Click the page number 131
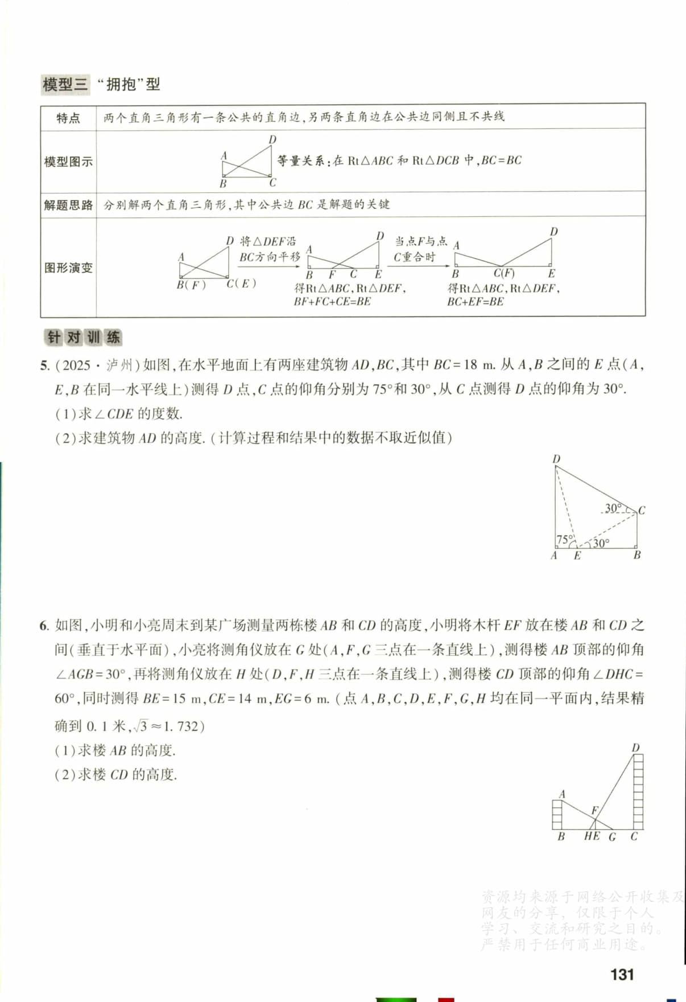[x=622, y=974]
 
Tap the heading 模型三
[x=65, y=85]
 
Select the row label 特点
[x=68, y=118]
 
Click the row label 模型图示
[x=68, y=162]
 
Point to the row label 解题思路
[x=68, y=205]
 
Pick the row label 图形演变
[x=68, y=268]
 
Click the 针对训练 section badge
[x=83, y=337]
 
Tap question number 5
[x=44, y=366]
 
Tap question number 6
[x=44, y=626]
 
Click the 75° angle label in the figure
[x=564, y=539]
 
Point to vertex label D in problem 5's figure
[x=556, y=459]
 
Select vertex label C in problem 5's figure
[x=642, y=510]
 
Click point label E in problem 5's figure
[x=577, y=556]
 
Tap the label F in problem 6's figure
[x=595, y=810]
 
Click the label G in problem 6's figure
[x=613, y=837]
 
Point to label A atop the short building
[x=562, y=794]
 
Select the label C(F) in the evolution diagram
[x=504, y=273]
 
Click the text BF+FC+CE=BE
[x=332, y=302]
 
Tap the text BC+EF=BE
[x=476, y=302]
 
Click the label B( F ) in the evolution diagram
[x=191, y=285]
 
